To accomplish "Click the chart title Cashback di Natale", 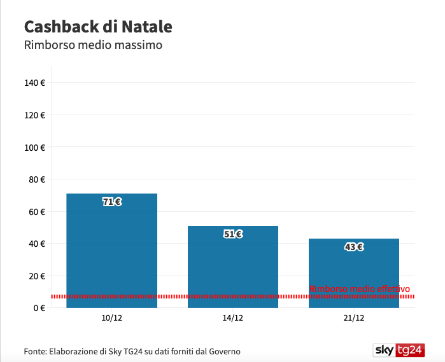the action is click(x=98, y=27).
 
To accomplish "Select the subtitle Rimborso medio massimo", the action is click(x=93, y=45).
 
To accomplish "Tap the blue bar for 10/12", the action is click(x=112, y=251).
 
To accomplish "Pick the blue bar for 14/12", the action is click(x=233, y=267).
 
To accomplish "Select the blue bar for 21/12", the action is click(x=354, y=273).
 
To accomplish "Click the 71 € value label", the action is click(x=112, y=202).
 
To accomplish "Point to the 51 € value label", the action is click(x=233, y=234).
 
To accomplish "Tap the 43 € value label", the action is click(x=354, y=247).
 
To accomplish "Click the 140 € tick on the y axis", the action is click(x=34, y=83).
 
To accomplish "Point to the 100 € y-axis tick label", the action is click(x=34, y=148).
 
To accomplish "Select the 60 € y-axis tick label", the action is click(x=37, y=212).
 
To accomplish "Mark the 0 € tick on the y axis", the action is click(x=39, y=308).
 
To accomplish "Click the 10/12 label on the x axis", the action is click(x=112, y=317).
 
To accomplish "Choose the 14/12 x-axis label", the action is click(x=233, y=317).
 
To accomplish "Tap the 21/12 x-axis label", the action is click(x=354, y=317).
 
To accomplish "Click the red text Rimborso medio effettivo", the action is click(x=360, y=289).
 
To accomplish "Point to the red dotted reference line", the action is click(x=233, y=296).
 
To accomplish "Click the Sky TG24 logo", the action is click(x=399, y=350).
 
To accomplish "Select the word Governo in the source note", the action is click(x=225, y=352).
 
